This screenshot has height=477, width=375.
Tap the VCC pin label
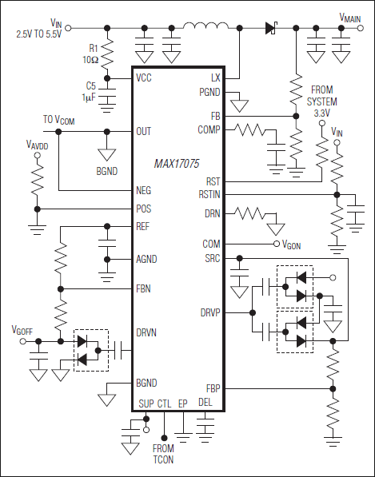click(145, 78)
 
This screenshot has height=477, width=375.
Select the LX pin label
click(214, 78)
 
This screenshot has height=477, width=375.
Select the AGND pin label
click(147, 259)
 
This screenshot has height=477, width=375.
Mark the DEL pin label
click(205, 402)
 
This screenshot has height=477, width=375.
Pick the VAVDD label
click(37, 145)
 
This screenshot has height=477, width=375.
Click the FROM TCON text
click(162, 454)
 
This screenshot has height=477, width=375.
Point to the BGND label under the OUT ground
click(106, 170)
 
